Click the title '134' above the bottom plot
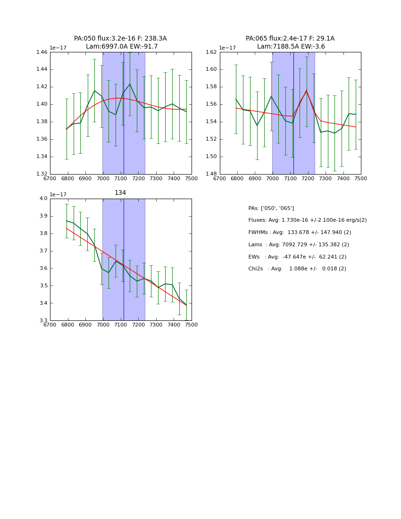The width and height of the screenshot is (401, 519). coord(120,193)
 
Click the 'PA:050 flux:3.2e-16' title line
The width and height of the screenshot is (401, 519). coord(120,39)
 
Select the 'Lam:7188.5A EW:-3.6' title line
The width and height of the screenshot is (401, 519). coord(291,47)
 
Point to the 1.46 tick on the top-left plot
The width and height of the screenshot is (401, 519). coord(42,52)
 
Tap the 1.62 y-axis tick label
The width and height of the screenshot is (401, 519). coord(211,52)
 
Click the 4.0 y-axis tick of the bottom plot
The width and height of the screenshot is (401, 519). coord(44,199)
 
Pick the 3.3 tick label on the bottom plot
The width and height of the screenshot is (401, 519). coord(44,321)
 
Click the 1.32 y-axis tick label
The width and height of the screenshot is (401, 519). coord(42,174)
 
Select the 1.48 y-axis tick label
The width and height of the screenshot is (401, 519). coord(211,174)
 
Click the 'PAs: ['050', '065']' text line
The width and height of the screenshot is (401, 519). coord(271,208)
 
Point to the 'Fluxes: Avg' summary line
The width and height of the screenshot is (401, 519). coord(307,220)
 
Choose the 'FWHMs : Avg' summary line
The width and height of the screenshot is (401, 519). coord(300,233)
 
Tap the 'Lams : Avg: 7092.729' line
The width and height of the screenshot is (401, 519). coord(299,245)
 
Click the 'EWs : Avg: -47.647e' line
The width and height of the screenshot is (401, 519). coord(297,257)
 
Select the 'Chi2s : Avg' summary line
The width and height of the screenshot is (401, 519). coord(297,269)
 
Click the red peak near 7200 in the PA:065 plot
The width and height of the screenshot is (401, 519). coord(306,91)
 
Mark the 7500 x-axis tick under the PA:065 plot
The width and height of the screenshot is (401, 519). coord(361,179)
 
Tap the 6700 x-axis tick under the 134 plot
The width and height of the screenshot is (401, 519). coord(50,325)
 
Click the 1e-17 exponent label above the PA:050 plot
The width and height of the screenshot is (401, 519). coord(58,48)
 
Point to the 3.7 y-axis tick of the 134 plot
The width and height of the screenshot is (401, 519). coord(44,251)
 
